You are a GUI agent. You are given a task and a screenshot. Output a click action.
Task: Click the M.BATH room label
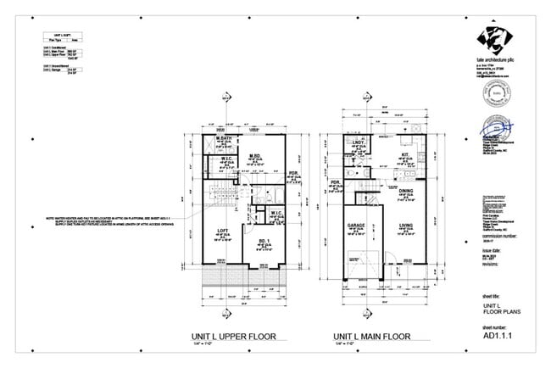pyautogui.click(x=224, y=138)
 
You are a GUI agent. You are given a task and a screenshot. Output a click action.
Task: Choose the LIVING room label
pyautogui.click(x=404, y=226)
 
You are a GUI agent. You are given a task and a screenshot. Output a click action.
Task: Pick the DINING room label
pyautogui.click(x=406, y=192)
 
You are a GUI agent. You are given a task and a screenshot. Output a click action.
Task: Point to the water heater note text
pyautogui.click(x=121, y=220)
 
